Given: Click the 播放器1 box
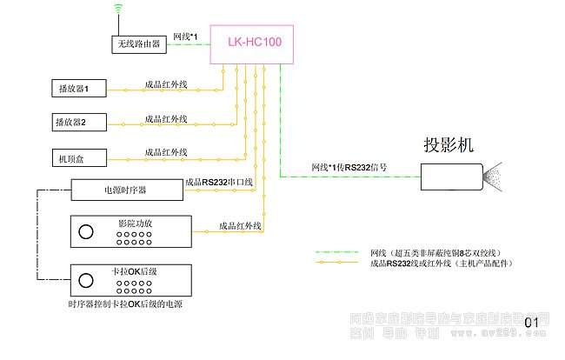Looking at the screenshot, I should click(78, 89).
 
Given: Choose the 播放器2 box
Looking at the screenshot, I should click(78, 122).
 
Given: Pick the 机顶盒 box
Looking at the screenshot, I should click(78, 157).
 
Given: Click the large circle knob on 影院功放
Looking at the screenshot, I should click(86, 232).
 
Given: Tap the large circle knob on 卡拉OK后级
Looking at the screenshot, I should click(86, 280).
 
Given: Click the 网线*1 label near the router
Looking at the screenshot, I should click(186, 36).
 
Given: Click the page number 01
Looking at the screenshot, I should click(531, 323).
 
